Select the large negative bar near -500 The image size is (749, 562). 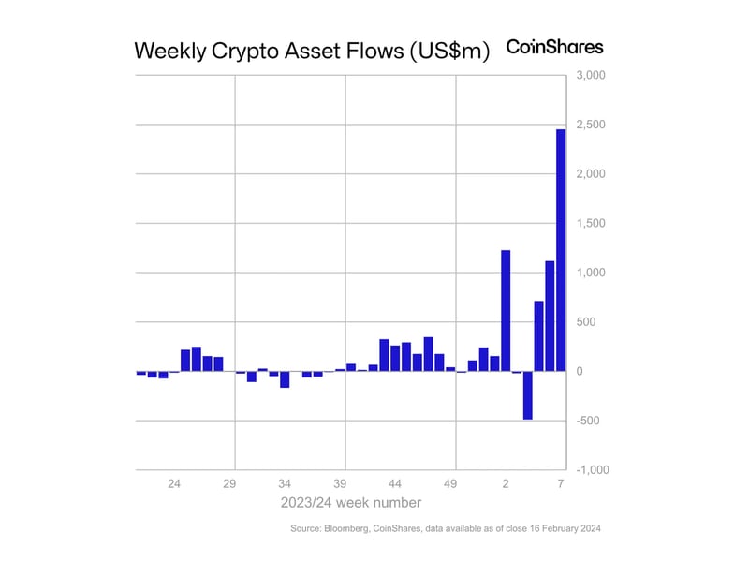[528, 395]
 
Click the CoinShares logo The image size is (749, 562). [554, 47]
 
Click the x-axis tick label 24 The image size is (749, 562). [174, 484]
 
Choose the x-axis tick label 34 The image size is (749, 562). [285, 484]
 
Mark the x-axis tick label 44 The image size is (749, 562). [395, 484]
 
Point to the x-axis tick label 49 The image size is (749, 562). [450, 484]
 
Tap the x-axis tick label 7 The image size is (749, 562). [561, 484]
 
